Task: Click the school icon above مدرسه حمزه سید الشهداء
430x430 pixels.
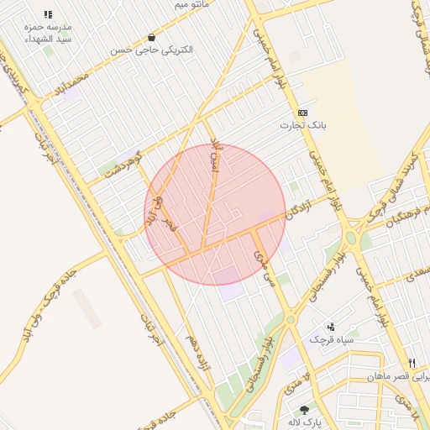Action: (x=48, y=15)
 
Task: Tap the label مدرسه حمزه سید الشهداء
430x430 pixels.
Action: (x=48, y=34)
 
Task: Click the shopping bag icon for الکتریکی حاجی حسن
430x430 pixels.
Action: (x=151, y=37)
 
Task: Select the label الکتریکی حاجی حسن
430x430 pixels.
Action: (x=151, y=50)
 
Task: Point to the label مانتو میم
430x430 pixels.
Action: (x=191, y=5)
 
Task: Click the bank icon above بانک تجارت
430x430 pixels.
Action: (x=302, y=113)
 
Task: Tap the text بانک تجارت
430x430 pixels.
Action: (x=302, y=126)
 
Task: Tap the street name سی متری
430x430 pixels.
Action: (x=265, y=267)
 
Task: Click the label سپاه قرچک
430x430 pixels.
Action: (x=328, y=339)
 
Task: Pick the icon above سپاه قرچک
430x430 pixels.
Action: (x=330, y=326)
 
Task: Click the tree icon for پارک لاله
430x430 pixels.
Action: (x=304, y=409)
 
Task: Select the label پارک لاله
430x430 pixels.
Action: (x=304, y=422)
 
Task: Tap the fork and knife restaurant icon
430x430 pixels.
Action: (x=412, y=363)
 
